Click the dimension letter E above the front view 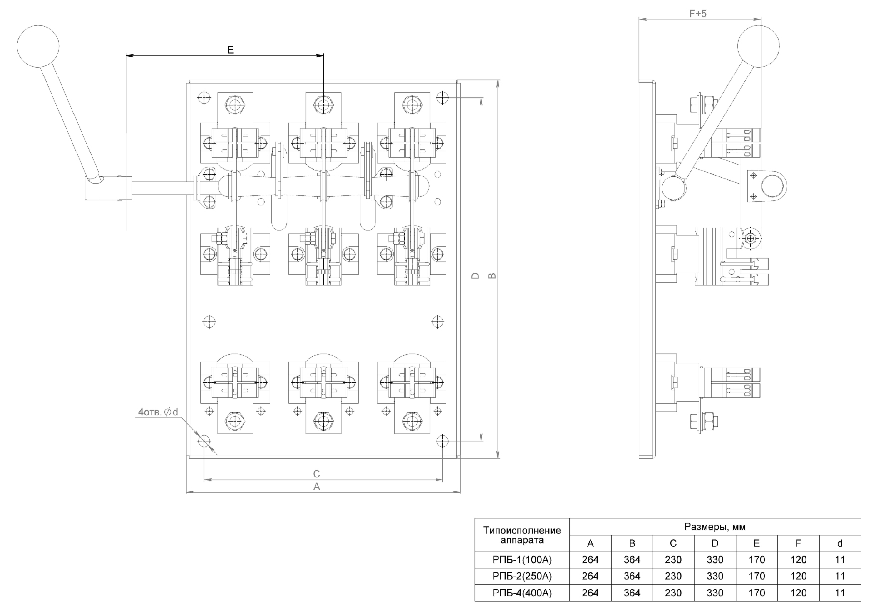click(230, 50)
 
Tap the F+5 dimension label click(698, 14)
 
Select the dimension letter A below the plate click(316, 487)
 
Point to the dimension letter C click(316, 474)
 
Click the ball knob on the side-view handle click(758, 46)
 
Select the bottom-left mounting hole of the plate click(204, 441)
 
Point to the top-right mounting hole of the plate click(442, 97)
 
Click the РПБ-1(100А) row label click(522, 560)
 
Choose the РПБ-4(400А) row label click(522, 593)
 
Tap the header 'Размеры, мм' click(715, 527)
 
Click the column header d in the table click(840, 543)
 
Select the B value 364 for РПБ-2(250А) click(632, 576)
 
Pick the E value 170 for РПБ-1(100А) click(756, 560)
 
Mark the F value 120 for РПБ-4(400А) click(798, 593)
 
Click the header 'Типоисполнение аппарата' click(522, 535)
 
